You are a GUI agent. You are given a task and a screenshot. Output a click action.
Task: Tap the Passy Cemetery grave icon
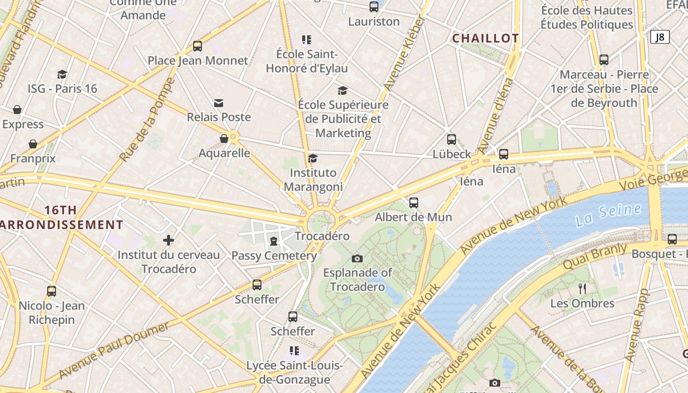click(274, 241)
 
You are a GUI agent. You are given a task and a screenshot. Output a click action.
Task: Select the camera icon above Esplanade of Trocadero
click(357, 258)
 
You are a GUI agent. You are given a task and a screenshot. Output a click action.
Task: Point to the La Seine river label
click(609, 215)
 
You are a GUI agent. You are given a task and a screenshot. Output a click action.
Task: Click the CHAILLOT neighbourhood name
click(485, 38)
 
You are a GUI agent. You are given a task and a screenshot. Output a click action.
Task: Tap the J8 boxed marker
click(659, 37)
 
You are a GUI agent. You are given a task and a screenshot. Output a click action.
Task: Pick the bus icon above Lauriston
click(374, 7)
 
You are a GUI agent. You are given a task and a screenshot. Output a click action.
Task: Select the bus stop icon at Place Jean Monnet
click(198, 46)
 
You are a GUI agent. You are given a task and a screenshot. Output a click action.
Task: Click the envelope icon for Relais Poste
click(219, 103)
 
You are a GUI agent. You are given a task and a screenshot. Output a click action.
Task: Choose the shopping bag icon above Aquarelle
click(224, 139)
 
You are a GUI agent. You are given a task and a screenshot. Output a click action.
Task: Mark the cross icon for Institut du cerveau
click(169, 240)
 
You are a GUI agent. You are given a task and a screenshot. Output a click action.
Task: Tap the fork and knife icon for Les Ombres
click(582, 289)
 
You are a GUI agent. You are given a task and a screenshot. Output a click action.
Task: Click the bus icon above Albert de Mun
click(414, 202)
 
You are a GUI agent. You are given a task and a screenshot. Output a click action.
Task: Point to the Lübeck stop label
click(452, 154)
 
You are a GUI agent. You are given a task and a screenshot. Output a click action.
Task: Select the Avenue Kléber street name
click(404, 53)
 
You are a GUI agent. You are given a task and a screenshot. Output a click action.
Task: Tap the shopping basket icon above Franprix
click(33, 144)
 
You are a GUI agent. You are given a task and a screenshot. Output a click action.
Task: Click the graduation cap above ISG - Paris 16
click(62, 74)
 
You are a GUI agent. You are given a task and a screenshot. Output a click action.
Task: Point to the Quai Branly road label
click(596, 256)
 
